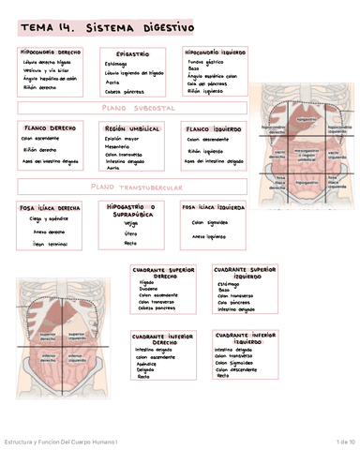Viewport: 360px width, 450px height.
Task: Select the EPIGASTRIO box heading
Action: [131, 54]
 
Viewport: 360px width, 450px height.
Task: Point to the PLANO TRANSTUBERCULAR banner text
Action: [135, 187]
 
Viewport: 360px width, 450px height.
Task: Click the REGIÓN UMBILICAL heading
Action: [128, 128]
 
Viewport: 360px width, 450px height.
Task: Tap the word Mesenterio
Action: [117, 146]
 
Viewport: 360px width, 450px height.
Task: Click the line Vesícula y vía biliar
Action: [45, 70]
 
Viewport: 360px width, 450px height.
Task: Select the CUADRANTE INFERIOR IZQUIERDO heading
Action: [245, 338]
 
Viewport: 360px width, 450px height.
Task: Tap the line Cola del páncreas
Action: [209, 84]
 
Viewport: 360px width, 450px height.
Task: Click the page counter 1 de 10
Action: [343, 442]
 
